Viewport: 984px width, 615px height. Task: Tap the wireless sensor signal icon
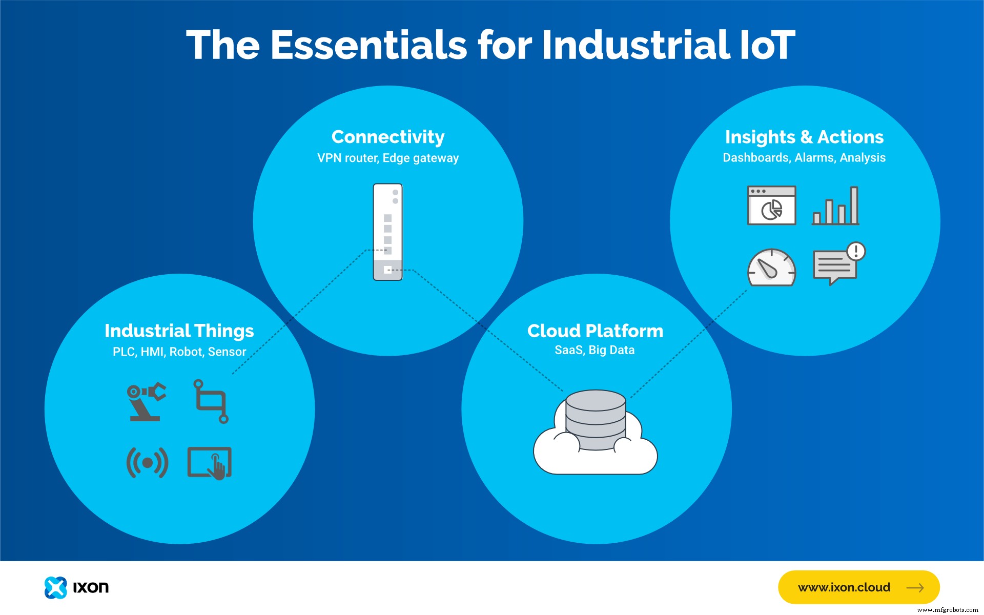(x=148, y=463)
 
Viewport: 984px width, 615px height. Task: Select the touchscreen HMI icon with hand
(x=210, y=463)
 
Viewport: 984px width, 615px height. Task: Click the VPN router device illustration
(x=388, y=232)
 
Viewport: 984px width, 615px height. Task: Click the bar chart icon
(x=835, y=206)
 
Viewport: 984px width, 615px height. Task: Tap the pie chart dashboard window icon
(x=771, y=206)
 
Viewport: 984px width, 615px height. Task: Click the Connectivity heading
(x=388, y=137)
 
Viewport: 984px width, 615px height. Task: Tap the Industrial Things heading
(x=179, y=331)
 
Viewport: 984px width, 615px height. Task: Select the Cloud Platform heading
(x=595, y=331)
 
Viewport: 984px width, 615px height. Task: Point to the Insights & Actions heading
(x=804, y=137)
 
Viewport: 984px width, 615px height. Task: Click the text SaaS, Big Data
(x=594, y=350)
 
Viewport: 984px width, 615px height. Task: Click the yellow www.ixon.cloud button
(x=858, y=587)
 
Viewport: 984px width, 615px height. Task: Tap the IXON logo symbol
(x=55, y=587)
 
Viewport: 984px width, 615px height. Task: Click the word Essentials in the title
(x=368, y=45)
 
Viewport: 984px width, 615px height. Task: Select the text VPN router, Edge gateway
(x=388, y=158)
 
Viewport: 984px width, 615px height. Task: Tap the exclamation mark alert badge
(x=856, y=251)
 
